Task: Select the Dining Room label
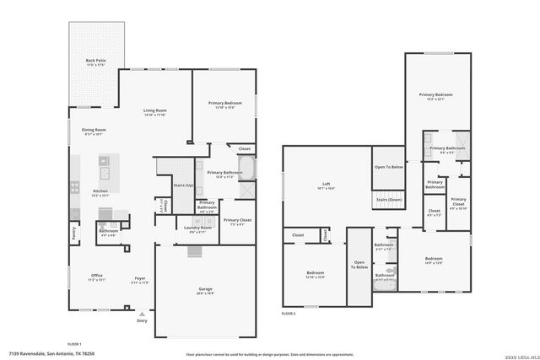[x=93, y=131]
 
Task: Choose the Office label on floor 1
[x=98, y=277]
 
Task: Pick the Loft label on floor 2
[x=326, y=185]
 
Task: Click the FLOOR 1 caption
[x=73, y=344]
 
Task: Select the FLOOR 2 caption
[x=289, y=313]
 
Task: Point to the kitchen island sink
[x=107, y=175]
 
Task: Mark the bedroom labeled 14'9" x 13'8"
[x=434, y=261]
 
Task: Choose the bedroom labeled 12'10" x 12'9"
[x=316, y=275]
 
